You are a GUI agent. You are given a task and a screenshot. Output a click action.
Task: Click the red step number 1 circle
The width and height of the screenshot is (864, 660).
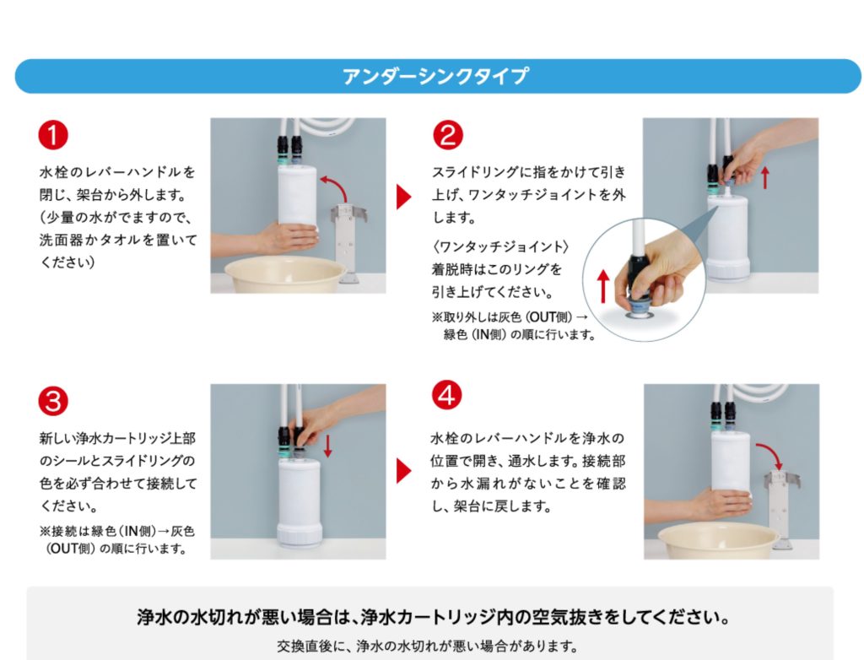click(x=53, y=135)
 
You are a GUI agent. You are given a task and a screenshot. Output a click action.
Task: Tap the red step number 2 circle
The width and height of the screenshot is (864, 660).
click(x=447, y=135)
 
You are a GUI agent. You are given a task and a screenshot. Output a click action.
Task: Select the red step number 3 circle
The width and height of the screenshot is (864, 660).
click(x=53, y=401)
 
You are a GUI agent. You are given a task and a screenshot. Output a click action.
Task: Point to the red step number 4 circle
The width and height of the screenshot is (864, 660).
click(x=446, y=395)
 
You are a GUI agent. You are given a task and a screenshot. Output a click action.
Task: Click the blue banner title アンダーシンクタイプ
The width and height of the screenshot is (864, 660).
click(x=435, y=76)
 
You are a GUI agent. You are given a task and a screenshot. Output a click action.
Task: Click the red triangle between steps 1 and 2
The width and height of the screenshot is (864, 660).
click(x=403, y=197)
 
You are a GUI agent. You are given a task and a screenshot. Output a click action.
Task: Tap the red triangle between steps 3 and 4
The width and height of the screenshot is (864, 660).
click(x=403, y=471)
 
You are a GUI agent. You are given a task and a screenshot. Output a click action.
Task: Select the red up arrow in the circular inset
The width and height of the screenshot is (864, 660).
click(x=604, y=285)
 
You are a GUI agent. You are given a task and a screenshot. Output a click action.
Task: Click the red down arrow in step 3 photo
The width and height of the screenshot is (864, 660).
click(x=328, y=446)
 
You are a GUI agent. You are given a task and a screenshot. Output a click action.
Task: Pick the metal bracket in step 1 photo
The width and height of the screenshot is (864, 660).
click(x=348, y=241)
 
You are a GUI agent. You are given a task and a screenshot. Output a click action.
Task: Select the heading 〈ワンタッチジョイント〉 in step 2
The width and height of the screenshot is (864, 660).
click(x=500, y=246)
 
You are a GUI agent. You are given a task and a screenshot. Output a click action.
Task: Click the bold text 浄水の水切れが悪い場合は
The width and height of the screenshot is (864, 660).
click(x=246, y=616)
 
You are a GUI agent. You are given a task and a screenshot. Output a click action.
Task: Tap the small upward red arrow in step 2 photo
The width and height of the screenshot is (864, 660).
click(x=764, y=177)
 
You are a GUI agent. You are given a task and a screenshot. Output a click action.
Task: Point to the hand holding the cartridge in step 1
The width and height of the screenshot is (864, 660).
click(x=264, y=238)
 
